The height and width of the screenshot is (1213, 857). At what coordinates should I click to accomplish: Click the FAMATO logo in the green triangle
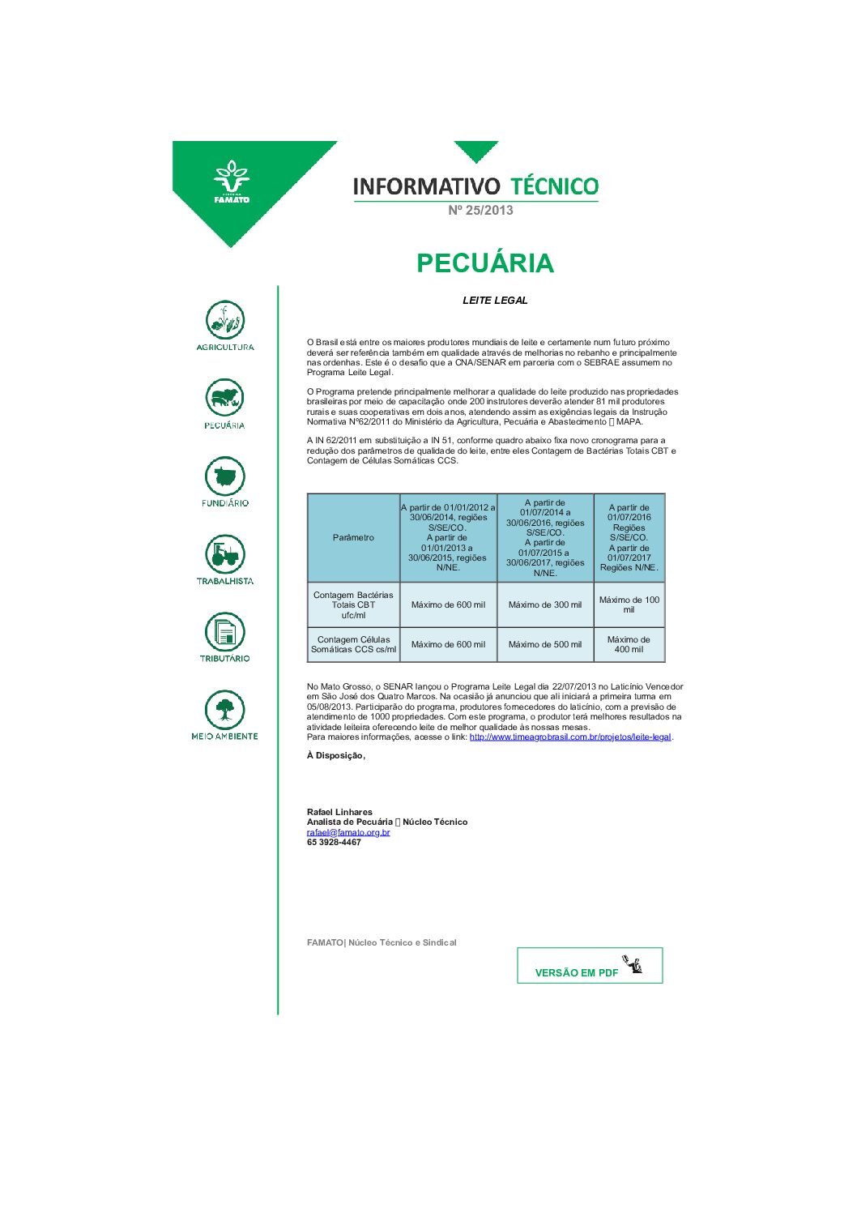coord(232,182)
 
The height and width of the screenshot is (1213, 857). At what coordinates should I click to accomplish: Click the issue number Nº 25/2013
coord(480,210)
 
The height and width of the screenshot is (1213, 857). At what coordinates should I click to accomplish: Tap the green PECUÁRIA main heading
coord(484,263)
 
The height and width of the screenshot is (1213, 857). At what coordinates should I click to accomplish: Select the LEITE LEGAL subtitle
coord(495,301)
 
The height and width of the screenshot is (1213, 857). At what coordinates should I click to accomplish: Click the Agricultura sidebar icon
coord(225,320)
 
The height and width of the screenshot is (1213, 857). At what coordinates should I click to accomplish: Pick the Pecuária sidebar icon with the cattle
coord(225,398)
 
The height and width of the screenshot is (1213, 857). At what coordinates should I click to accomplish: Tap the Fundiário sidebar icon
coord(225,476)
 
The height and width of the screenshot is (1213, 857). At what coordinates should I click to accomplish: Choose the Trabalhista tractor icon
coord(225,553)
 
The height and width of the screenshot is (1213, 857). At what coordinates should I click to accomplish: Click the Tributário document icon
coord(225,631)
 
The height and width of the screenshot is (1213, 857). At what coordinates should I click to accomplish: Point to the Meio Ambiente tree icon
coord(225,709)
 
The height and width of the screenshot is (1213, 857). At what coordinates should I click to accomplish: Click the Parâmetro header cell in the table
coord(353,537)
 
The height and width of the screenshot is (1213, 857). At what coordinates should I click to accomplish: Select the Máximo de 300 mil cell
coord(545,604)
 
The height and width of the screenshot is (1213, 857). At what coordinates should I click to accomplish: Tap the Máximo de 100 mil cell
coord(629,604)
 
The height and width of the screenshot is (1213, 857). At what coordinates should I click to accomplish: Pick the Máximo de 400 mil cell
coord(629,644)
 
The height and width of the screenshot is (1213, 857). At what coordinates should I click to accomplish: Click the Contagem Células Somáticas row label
coord(353,644)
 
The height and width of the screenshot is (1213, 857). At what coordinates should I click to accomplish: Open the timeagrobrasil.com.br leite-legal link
coord(570,737)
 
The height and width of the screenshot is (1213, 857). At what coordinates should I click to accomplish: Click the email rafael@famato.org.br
coord(348,832)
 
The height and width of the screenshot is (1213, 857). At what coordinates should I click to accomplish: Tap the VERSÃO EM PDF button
coord(590,966)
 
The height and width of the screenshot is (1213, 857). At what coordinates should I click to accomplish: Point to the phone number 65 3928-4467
coord(334,843)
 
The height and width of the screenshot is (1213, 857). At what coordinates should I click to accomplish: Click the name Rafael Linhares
coord(339,812)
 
